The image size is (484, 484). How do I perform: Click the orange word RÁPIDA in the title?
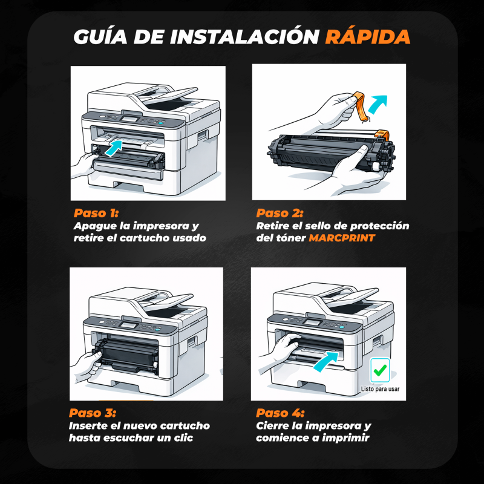(368, 36)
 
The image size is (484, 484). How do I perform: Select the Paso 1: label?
(96, 213)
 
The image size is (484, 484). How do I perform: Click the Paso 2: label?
(280, 213)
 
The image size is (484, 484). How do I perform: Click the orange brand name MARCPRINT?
(342, 238)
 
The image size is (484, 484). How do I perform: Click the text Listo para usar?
(380, 389)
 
